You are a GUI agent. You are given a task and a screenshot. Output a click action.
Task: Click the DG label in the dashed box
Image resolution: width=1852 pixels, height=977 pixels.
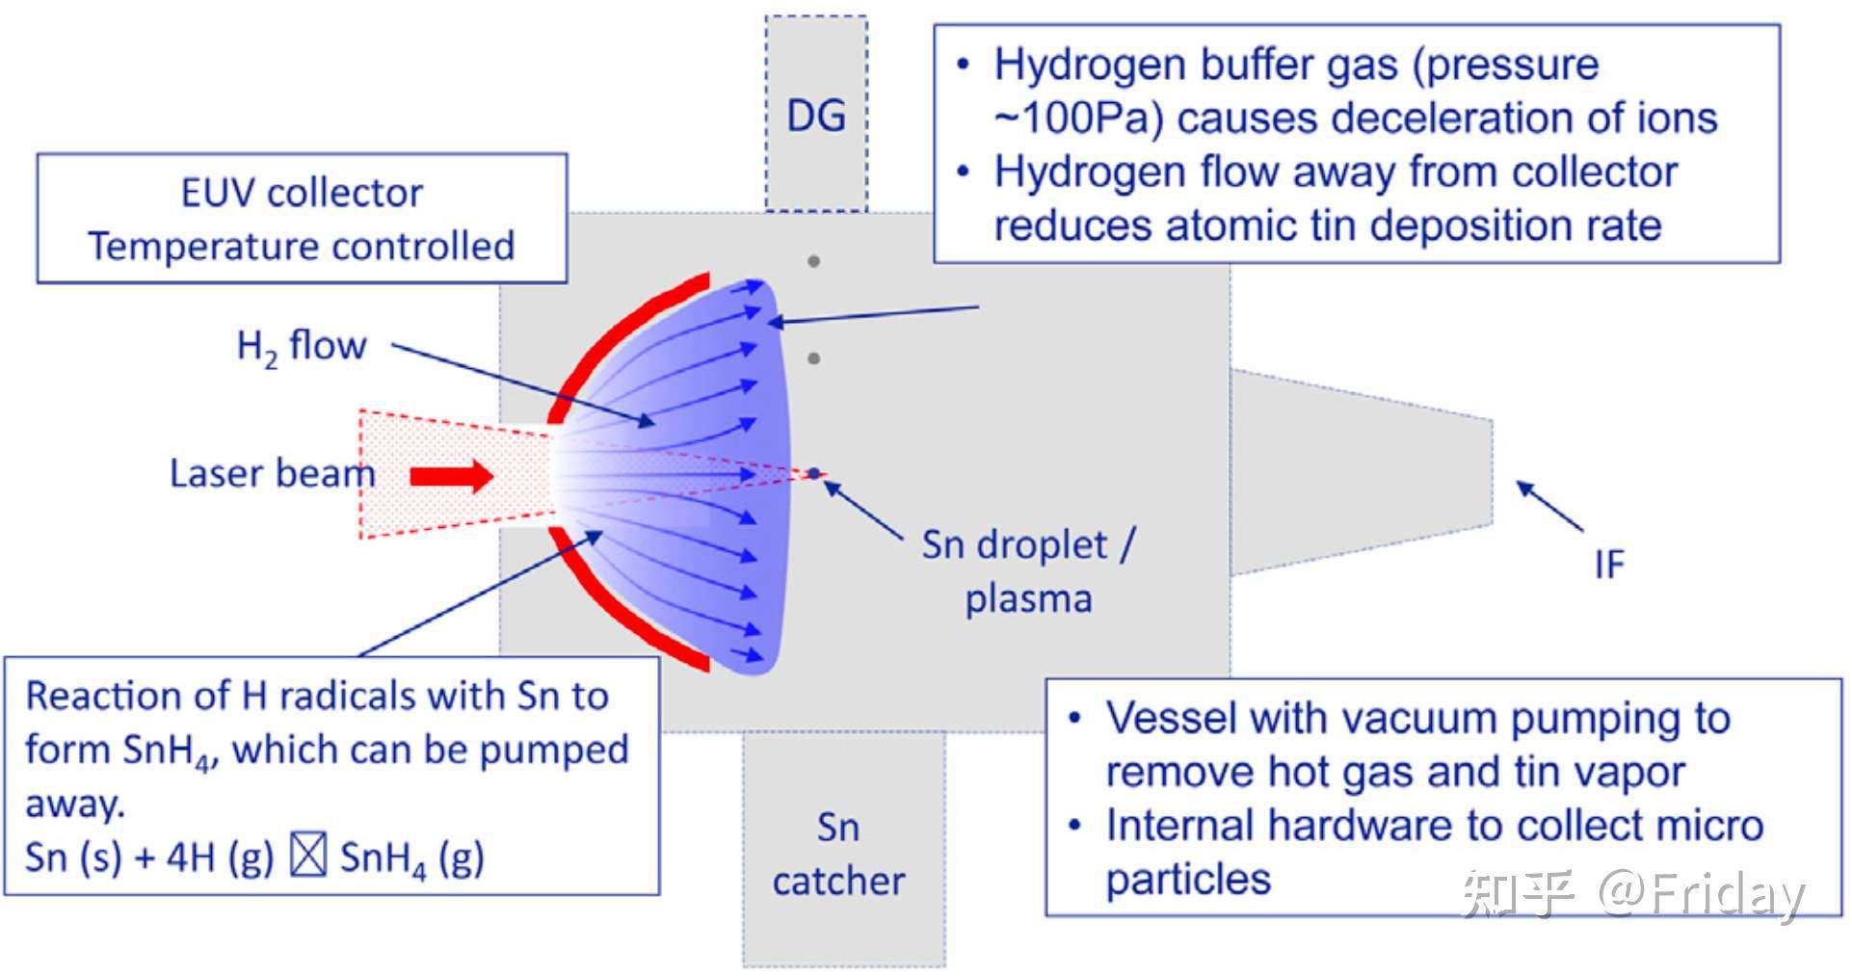pos(816,116)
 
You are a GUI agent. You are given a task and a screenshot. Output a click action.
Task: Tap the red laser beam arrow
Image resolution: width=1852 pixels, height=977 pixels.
pos(452,475)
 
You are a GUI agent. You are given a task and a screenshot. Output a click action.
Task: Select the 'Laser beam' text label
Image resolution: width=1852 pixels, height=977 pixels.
pos(272,473)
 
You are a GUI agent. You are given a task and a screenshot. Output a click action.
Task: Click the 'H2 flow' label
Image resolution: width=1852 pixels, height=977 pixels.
pos(302,347)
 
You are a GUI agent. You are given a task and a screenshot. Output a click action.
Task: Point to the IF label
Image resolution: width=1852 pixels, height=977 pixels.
pos(1609,565)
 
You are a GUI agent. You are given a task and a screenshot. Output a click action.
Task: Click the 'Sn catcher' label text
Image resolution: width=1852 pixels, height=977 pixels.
pos(838,854)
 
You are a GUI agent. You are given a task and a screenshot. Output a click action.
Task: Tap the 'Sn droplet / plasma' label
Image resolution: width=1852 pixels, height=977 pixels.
pos(1028,571)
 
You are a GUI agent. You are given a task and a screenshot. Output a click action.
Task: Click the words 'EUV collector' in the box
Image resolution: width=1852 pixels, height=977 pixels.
pos(302,194)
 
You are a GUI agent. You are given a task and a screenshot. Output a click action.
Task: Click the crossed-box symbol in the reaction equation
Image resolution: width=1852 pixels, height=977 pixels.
pos(308,855)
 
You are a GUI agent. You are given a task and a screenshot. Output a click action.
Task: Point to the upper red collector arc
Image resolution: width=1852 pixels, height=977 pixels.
pos(626,343)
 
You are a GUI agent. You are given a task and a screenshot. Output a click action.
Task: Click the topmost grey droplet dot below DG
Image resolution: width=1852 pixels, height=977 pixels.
pos(814,261)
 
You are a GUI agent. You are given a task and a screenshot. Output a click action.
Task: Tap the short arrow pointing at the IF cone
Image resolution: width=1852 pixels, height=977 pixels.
pos(1550,506)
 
